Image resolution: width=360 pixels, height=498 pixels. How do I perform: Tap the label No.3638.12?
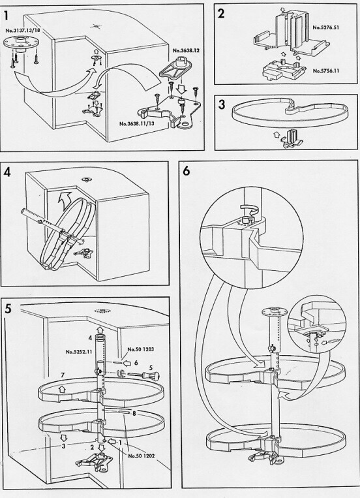pos(186,50)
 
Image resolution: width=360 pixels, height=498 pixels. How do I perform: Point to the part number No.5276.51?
pos(325,27)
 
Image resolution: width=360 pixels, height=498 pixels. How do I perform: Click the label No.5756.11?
pos(325,70)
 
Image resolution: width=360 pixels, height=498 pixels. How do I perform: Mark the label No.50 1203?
pos(141,349)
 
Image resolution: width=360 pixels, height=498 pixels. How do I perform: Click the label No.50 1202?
pos(142,456)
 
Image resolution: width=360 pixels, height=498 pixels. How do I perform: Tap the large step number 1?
pos(7,16)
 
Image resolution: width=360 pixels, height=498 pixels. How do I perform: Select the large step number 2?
pos(221,13)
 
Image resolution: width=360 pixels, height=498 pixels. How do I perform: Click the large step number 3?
pos(222,104)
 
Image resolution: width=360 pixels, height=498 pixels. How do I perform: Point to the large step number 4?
pos(8,172)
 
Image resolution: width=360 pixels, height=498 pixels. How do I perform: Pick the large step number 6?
pos(187,170)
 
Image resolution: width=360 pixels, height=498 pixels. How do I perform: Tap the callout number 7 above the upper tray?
pos(63,375)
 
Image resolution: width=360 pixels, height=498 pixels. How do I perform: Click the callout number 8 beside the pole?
pos(134,414)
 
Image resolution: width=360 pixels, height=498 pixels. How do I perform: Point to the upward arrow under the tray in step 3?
pos(276,136)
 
